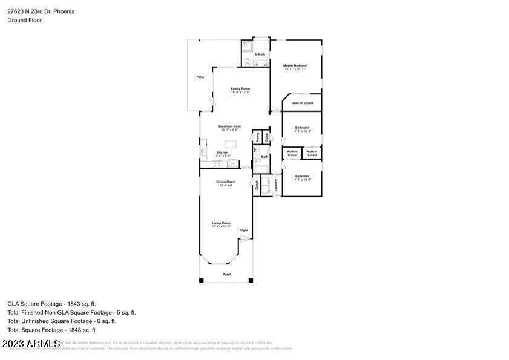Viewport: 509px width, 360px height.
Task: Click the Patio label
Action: click(199, 77)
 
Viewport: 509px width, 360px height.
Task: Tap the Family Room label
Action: click(240, 89)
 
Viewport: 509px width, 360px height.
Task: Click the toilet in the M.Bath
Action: click(248, 62)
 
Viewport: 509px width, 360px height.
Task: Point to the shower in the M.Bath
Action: click(248, 46)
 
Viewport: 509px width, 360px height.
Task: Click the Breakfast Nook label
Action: click(231, 126)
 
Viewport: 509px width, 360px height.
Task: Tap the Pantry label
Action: click(257, 137)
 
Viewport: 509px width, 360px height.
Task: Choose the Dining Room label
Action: click(226, 182)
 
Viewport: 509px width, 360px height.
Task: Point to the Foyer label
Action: click(244, 230)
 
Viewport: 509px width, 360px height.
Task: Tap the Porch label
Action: click(227, 274)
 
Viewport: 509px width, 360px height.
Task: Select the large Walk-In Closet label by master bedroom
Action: click(302, 103)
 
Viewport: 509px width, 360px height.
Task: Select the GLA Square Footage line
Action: click(51, 304)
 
